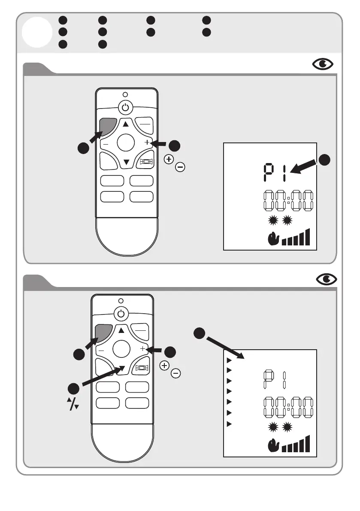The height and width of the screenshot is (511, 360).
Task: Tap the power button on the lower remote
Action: pyautogui.click(x=121, y=313)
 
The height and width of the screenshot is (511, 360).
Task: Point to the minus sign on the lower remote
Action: pyautogui.click(x=101, y=351)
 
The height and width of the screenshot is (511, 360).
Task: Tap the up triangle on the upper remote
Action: pyautogui.click(x=126, y=124)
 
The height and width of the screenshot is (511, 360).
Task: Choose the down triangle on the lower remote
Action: pyautogui.click(x=122, y=368)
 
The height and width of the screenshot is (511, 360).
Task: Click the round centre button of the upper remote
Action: pyautogui.click(x=126, y=142)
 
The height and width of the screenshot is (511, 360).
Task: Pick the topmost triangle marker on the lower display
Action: pyautogui.click(x=229, y=359)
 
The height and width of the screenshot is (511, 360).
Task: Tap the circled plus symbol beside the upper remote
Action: pyautogui.click(x=169, y=159)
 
